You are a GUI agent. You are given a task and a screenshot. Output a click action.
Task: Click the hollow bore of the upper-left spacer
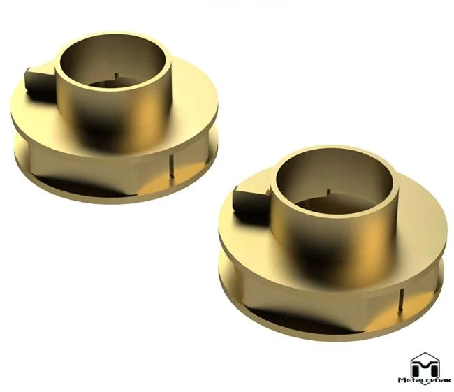(x=112, y=70)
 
